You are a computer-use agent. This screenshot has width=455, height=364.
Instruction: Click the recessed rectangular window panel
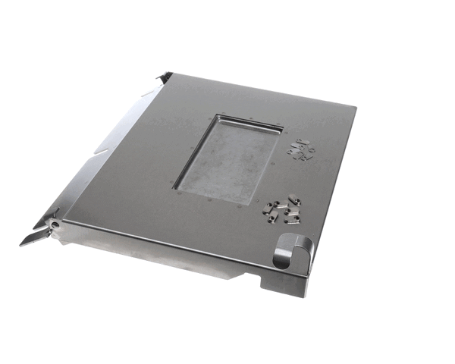pyautogui.click(x=226, y=162)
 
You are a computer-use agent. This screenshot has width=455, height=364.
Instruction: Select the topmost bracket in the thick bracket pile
pyautogui.click(x=293, y=201)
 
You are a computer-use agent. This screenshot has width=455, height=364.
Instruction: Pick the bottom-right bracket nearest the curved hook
pyautogui.click(x=292, y=220)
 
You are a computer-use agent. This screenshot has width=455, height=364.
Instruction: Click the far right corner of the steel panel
pyautogui.click(x=355, y=106)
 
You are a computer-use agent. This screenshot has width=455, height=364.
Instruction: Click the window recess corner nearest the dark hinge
pyautogui.click(x=218, y=115)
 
